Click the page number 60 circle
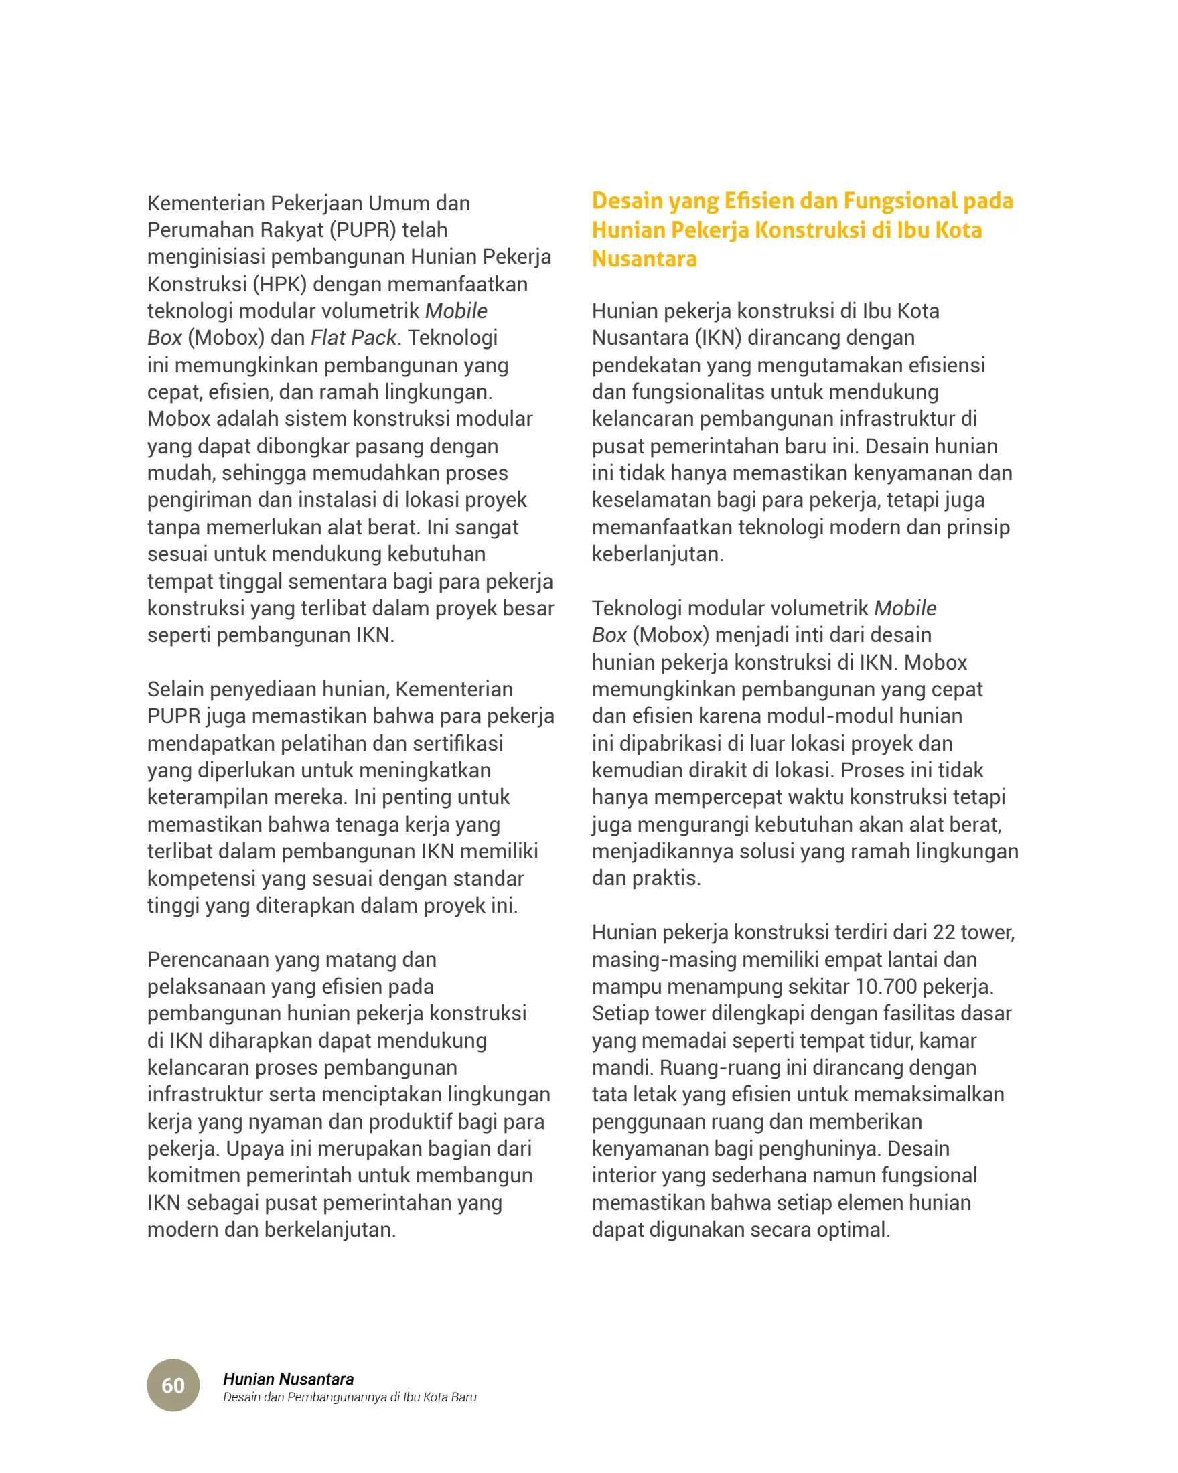pos(173,1385)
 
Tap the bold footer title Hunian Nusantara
pos(289,1379)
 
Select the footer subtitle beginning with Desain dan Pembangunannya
pos(349,1397)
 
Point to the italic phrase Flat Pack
pos(353,337)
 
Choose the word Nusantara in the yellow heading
pos(644,259)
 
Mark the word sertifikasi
pos(445,743)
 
